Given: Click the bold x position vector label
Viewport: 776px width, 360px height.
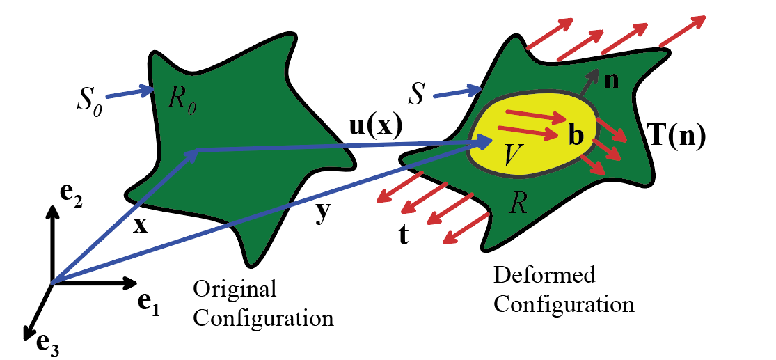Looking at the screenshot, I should [x=141, y=225].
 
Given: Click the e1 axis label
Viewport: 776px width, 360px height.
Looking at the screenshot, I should [x=149, y=303].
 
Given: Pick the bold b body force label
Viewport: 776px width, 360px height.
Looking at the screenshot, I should [x=576, y=134].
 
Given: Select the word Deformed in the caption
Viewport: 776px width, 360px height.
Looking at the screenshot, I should [x=544, y=276].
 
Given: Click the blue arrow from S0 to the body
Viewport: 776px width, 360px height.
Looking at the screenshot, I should [x=130, y=93].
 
